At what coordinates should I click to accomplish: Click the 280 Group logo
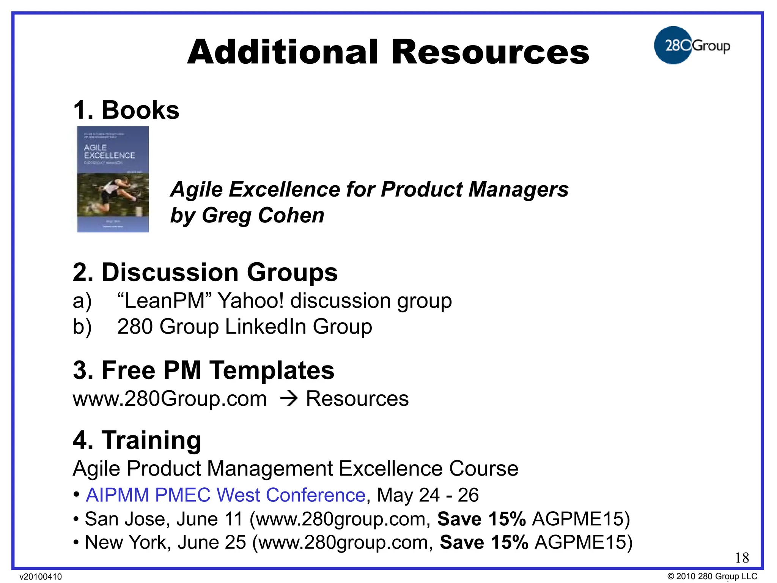click(x=691, y=46)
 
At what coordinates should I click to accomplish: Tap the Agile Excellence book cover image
click(x=113, y=179)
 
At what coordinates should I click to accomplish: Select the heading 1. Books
click(x=126, y=110)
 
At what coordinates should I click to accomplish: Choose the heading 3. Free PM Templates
click(x=203, y=370)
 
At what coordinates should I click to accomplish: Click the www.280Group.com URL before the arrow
click(x=170, y=399)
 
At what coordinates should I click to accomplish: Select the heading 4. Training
click(x=137, y=440)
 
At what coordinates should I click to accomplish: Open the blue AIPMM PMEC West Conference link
click(x=225, y=495)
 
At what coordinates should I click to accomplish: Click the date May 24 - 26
click(x=428, y=495)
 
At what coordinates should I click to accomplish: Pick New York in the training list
click(x=126, y=542)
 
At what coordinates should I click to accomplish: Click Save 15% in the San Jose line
click(x=481, y=519)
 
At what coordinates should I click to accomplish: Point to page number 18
click(x=742, y=558)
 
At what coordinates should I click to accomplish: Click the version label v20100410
click(x=41, y=577)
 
